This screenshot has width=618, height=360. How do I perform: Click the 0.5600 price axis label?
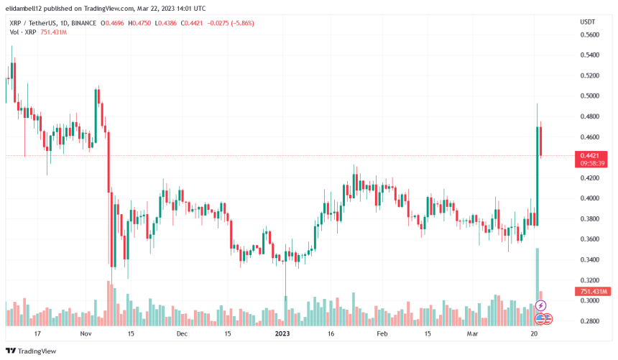[x=590, y=34]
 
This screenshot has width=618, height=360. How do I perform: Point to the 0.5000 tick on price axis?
[x=590, y=96]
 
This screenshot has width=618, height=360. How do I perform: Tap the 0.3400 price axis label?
[x=590, y=259]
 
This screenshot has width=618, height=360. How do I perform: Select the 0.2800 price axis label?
[x=590, y=321]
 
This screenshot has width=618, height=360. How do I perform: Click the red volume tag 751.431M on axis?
[x=592, y=291]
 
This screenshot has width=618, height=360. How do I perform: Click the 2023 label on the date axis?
[x=284, y=334]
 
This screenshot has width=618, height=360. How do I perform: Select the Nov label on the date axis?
[x=86, y=334]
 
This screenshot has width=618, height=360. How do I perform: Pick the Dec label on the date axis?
[x=182, y=334]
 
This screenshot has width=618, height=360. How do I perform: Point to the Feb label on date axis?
[x=382, y=334]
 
